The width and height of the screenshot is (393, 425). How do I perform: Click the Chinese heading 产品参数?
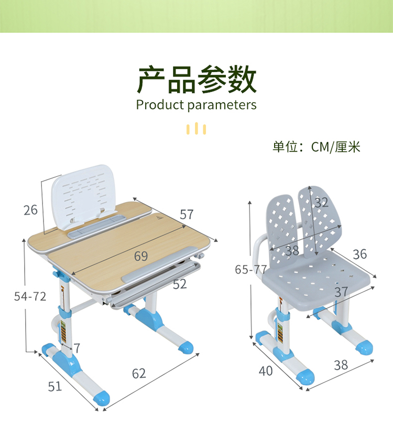point(196,80)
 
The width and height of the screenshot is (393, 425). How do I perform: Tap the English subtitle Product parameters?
point(196,105)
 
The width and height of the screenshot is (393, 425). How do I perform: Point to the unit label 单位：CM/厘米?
point(316,147)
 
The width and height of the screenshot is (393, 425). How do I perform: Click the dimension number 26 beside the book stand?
point(30,210)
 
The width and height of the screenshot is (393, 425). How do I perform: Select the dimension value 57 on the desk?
point(187,214)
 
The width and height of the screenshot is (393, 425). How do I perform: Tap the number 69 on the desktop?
point(140,256)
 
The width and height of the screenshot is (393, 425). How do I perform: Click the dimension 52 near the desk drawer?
point(180,284)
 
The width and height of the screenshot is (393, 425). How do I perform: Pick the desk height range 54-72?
point(30,296)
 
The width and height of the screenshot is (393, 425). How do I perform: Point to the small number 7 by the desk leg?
point(77,348)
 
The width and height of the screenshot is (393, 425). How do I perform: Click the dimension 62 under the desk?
point(139,373)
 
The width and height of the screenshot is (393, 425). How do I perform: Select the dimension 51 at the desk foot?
point(55,387)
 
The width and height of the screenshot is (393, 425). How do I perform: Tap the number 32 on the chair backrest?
point(321,203)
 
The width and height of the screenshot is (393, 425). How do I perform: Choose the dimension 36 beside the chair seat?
point(359,254)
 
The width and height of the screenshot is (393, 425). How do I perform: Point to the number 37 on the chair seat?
point(341,292)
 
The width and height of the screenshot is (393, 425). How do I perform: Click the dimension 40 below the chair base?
point(266,371)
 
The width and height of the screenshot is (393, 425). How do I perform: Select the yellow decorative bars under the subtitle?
point(196,128)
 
